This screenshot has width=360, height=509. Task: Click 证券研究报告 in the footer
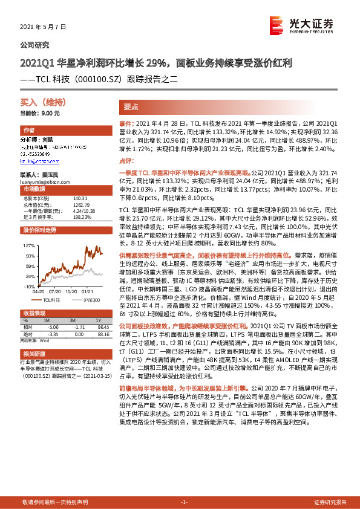click(x=330, y=502)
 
